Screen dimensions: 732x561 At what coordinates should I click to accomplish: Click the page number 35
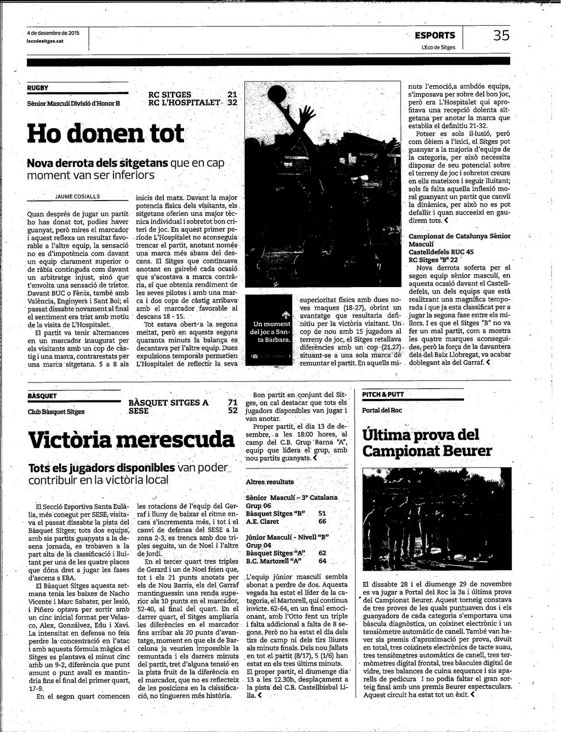pyautogui.click(x=501, y=36)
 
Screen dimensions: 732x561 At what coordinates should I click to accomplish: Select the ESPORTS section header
pyautogui.click(x=434, y=36)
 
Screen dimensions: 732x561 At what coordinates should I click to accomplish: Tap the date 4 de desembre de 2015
pyautogui.click(x=53, y=33)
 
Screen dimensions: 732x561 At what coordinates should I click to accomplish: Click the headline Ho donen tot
pyautogui.click(x=106, y=133)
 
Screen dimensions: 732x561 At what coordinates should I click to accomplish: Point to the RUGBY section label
pyautogui.click(x=38, y=88)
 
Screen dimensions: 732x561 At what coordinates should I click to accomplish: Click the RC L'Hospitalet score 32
pyautogui.click(x=232, y=102)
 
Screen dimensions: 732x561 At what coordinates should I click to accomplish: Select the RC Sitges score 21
pyautogui.click(x=232, y=95)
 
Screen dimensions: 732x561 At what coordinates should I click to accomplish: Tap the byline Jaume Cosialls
pyautogui.click(x=78, y=196)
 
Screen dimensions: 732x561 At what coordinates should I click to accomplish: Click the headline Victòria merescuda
pyautogui.click(x=131, y=439)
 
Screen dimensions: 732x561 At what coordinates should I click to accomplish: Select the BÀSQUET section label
pyautogui.click(x=42, y=396)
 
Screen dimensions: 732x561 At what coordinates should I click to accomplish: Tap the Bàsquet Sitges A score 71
pyautogui.click(x=233, y=403)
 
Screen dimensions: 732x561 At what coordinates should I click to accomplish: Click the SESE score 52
pyautogui.click(x=233, y=410)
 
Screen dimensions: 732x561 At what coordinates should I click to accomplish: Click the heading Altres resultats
pyautogui.click(x=270, y=482)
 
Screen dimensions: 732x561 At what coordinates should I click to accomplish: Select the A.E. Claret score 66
pyautogui.click(x=322, y=522)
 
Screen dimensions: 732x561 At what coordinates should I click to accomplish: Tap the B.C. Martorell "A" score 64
pyautogui.click(x=322, y=561)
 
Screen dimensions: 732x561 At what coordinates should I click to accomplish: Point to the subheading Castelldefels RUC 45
pyautogui.click(x=442, y=252)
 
